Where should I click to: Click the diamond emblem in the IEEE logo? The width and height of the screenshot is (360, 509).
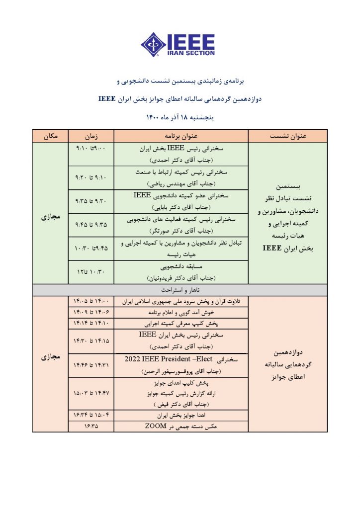[153, 44]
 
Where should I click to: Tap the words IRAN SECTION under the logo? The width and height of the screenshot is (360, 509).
[190, 53]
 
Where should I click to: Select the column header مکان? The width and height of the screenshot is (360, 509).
[50, 136]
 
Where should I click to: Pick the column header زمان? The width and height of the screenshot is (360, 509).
[91, 136]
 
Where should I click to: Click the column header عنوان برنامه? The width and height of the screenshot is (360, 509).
[180, 136]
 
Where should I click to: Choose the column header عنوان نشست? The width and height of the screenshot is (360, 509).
[287, 136]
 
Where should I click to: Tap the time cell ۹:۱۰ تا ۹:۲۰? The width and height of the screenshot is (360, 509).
[91, 177]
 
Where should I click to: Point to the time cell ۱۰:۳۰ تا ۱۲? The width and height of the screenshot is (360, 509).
[91, 272]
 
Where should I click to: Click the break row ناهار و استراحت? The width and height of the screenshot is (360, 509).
[180, 289]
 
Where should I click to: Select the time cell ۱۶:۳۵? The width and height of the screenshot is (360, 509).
[91, 426]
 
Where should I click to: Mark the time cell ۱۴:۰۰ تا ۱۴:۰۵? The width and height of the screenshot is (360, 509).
[91, 301]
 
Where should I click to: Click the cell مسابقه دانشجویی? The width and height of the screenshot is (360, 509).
[180, 267]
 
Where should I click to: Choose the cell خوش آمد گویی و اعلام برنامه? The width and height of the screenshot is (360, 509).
[180, 313]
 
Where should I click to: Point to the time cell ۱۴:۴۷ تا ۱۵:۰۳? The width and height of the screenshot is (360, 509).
[91, 393]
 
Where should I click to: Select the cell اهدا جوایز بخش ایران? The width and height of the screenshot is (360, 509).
[180, 415]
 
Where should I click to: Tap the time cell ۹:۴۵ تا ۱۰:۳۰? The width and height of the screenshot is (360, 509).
[91, 249]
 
